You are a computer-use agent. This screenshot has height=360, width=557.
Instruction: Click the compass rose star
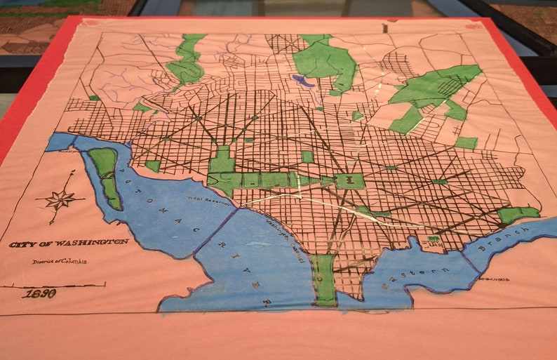click(60, 200)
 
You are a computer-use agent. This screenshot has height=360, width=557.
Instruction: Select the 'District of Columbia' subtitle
click(59, 261)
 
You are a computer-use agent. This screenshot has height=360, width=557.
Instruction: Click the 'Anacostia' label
click(490, 278)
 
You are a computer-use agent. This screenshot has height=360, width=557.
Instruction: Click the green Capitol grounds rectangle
click(349, 182)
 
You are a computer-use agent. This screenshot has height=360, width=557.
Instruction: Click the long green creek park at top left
click(187, 60)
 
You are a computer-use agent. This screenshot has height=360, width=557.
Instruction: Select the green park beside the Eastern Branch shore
click(518, 213)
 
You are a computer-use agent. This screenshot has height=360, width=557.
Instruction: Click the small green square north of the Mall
click(307, 156)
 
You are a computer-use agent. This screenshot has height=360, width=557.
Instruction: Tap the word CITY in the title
click(23, 245)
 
